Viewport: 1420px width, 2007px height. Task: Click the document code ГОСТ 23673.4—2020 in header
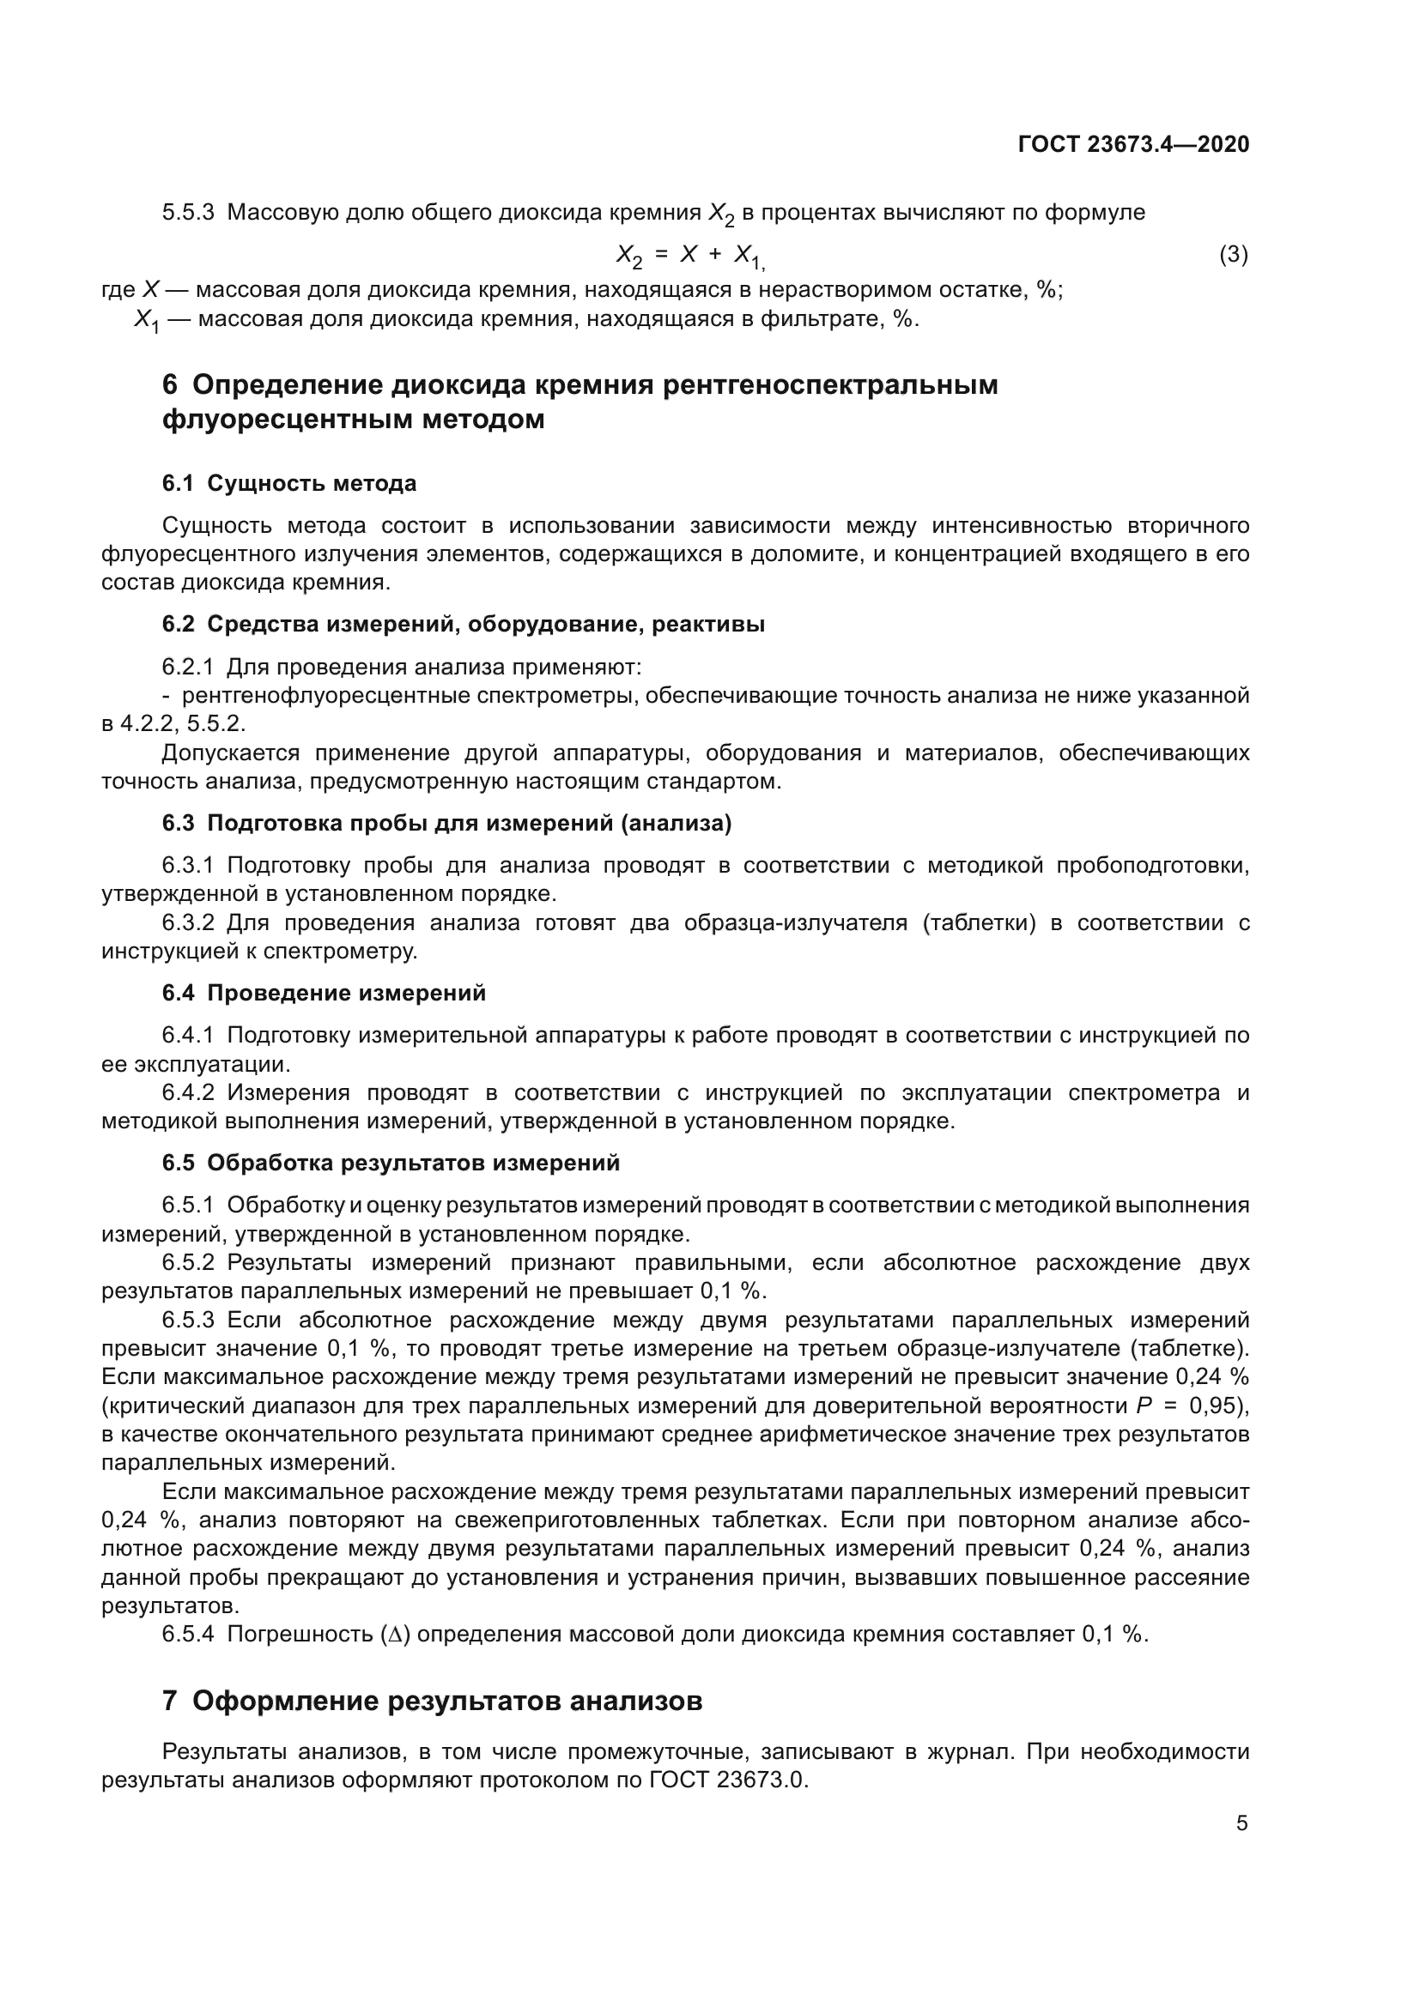(x=1133, y=144)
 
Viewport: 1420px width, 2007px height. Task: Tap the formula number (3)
(x=1233, y=254)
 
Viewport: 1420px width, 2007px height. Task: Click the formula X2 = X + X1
(x=690, y=255)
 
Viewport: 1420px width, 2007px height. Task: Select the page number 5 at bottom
(x=1241, y=1823)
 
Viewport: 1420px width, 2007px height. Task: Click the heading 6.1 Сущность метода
(x=288, y=483)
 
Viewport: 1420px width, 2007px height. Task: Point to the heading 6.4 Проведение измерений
(x=324, y=993)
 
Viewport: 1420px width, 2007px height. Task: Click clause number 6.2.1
(x=187, y=667)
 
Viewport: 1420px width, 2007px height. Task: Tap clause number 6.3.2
(x=187, y=922)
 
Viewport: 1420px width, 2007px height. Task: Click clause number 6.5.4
(x=187, y=1634)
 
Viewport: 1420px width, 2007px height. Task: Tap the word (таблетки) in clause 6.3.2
(x=978, y=922)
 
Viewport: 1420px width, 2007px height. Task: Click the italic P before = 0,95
(x=1144, y=1406)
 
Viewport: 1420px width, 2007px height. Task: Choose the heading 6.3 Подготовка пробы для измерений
(x=446, y=824)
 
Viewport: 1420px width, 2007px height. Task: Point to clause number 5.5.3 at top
(x=187, y=213)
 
